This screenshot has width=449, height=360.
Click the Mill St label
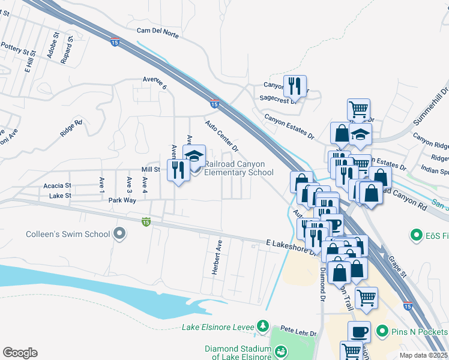[x=150, y=170]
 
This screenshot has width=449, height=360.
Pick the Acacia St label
[x=57, y=186]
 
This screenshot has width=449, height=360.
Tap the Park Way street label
[x=122, y=200]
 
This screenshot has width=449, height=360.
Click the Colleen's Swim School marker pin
[x=120, y=233]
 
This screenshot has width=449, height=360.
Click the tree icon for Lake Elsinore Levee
[x=262, y=326]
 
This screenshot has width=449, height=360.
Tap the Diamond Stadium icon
[x=280, y=350]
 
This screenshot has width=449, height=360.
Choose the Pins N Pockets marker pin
[x=381, y=331]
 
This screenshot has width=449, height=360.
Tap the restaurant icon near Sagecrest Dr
[x=295, y=86]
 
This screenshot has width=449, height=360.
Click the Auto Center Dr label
[x=221, y=136]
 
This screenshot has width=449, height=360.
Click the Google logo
[x=20, y=353]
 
